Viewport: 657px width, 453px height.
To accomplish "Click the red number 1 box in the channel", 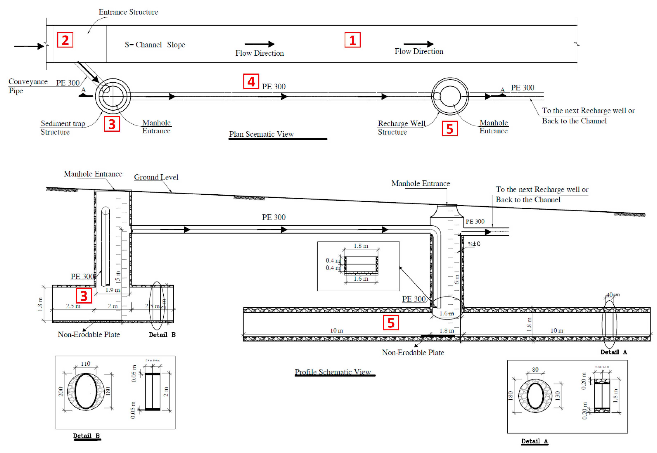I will pos(352,40).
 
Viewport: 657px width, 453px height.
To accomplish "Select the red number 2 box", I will pos(65,40).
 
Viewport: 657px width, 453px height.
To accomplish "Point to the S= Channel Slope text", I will pos(155,45).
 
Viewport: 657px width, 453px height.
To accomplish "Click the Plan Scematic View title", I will pos(261,134).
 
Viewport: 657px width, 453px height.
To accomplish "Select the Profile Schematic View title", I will pos(333,372).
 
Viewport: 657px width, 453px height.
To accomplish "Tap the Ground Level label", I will pos(156,177).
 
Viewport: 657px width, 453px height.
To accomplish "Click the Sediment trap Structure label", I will pos(63,128).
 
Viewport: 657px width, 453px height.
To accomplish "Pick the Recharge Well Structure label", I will pos(401,128).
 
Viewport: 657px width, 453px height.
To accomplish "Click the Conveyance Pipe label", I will pos(28,86).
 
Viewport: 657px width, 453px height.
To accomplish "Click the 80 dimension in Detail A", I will pos(535,369).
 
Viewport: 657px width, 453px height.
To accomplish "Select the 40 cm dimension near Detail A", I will pos(613,295).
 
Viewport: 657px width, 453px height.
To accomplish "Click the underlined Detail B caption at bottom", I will pos(86,436).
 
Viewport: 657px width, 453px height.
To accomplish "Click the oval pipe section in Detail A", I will pos(535,396).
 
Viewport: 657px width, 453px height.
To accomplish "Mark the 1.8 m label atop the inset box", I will pos(361,246).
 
